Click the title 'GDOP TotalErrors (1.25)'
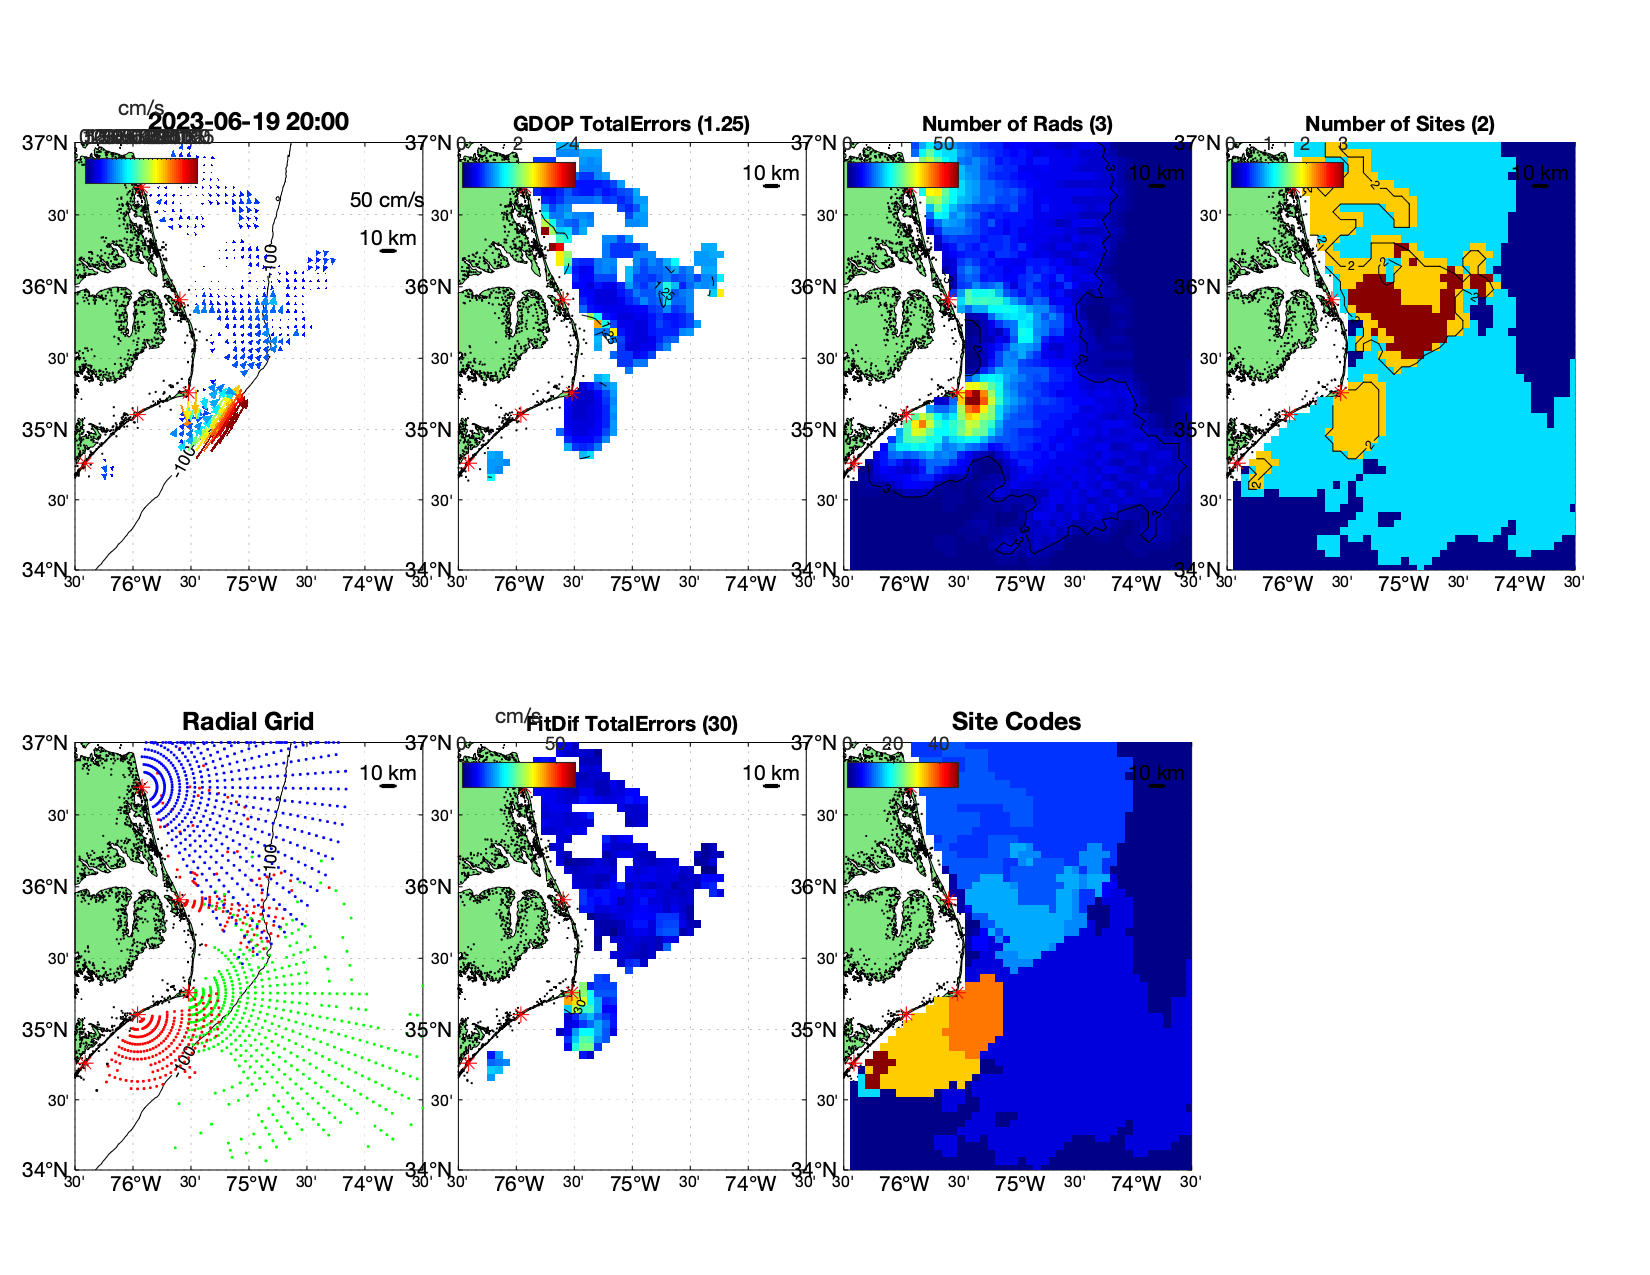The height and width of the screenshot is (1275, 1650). coord(631,124)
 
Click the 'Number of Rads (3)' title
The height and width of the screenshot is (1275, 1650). coord(1017,124)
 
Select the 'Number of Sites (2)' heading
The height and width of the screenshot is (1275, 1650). coord(1399,124)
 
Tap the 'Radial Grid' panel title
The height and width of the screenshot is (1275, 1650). coord(248,722)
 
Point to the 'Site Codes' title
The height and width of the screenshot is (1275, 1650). coord(1016,722)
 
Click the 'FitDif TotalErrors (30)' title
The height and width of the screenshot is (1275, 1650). coord(632,724)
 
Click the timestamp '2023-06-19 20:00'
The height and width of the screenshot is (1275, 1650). coord(249,122)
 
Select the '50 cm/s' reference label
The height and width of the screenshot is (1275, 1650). coord(386,200)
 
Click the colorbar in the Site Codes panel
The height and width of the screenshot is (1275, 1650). coord(903,775)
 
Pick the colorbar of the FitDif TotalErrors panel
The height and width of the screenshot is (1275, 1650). coord(519,775)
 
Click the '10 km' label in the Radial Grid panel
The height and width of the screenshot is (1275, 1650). coord(387,773)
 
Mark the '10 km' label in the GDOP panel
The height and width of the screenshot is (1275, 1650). coord(770,173)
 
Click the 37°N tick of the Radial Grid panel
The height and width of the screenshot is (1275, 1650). coord(45,743)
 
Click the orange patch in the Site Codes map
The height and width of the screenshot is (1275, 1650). coord(975,1015)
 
